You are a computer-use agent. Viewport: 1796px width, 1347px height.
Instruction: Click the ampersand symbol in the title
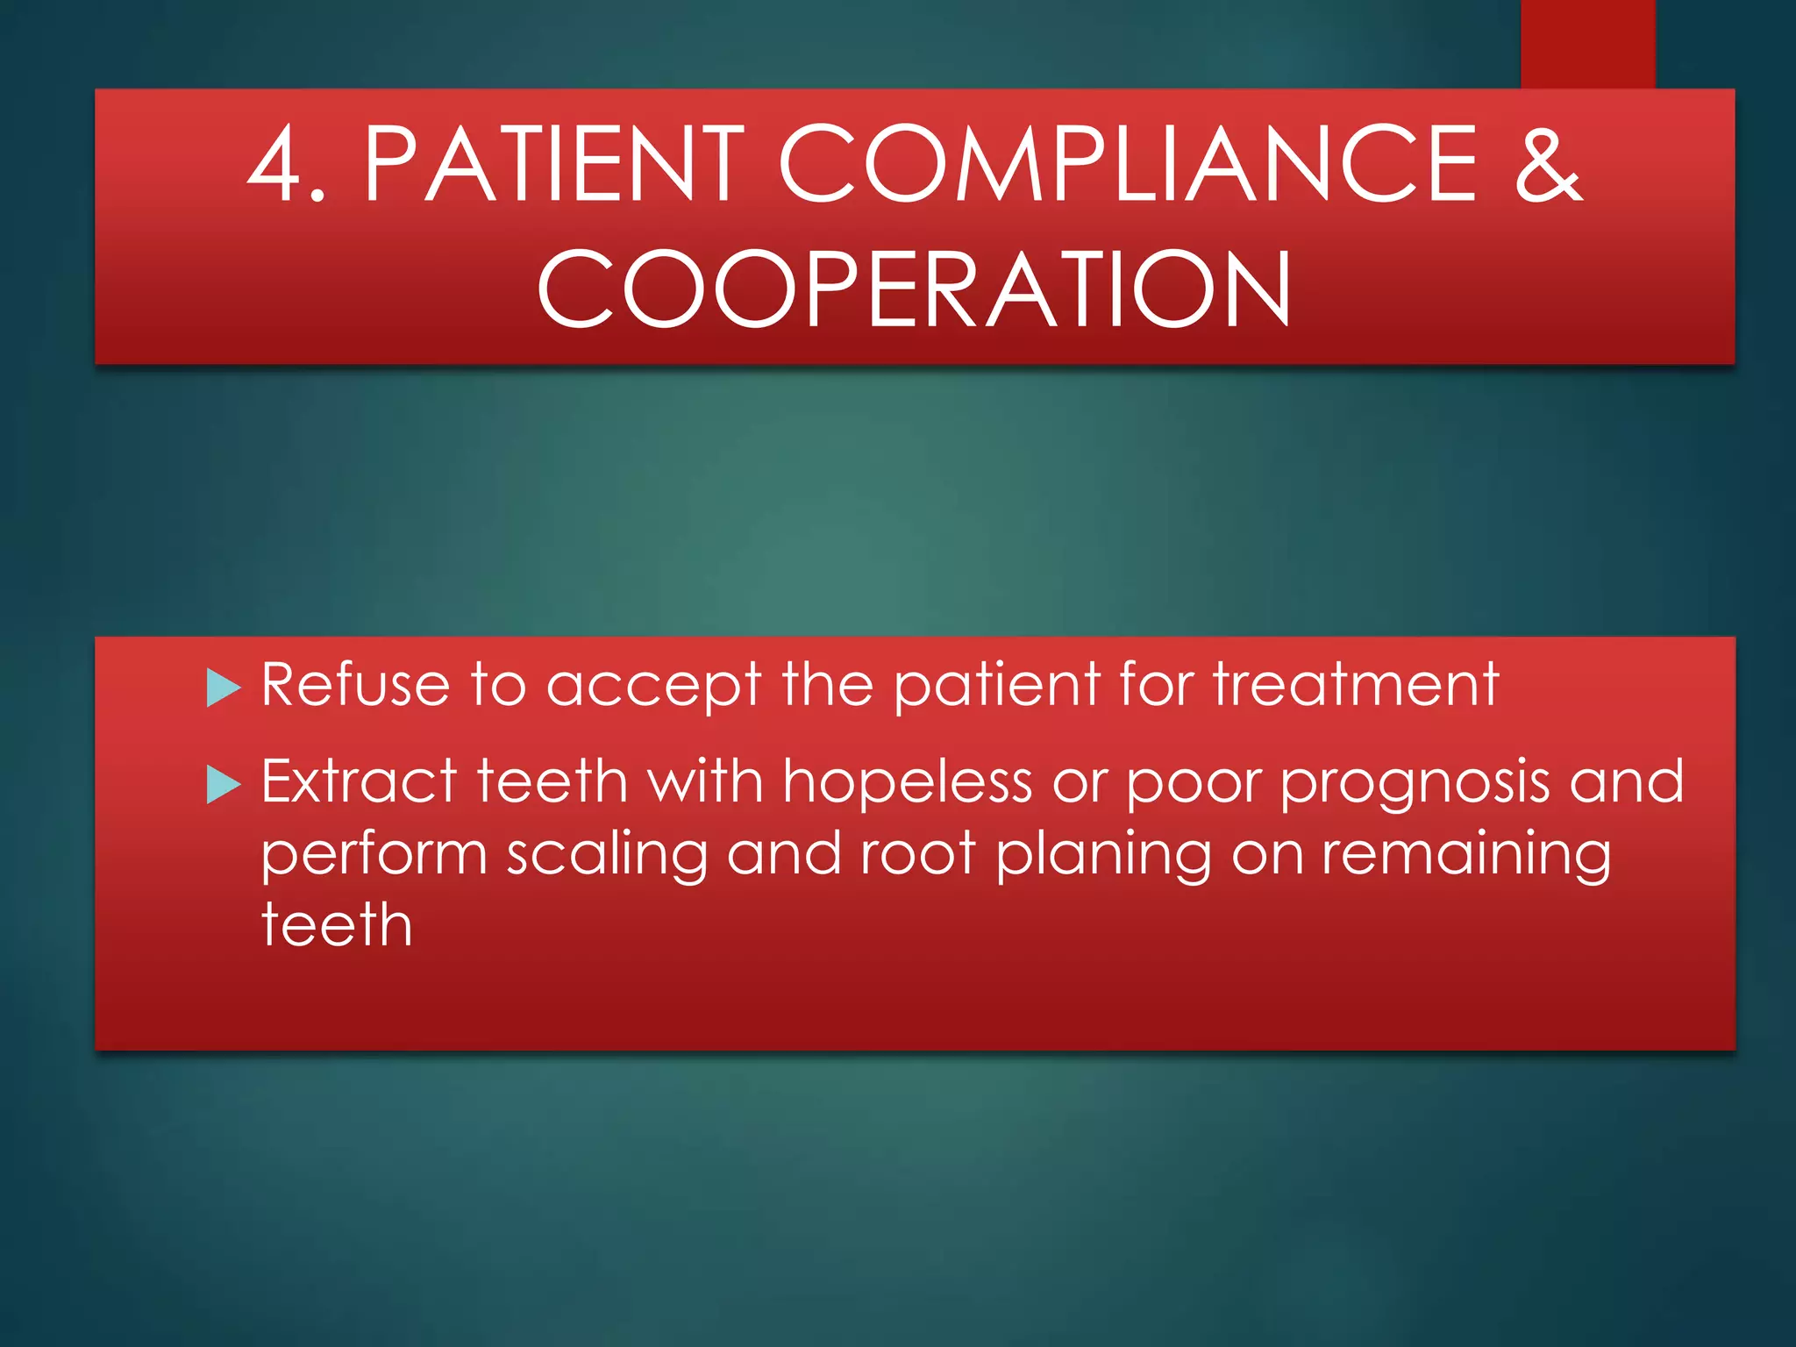tap(1548, 165)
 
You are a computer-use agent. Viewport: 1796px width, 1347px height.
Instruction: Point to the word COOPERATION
tap(914, 289)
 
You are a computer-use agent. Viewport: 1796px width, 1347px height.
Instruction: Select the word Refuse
tap(355, 684)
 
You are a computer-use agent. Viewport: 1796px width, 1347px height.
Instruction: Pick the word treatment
tap(1356, 684)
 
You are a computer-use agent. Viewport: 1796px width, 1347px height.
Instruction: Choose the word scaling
tap(607, 855)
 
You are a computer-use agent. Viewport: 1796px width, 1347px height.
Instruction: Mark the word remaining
tap(1466, 855)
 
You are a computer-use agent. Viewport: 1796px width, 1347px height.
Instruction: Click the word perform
tap(374, 855)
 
